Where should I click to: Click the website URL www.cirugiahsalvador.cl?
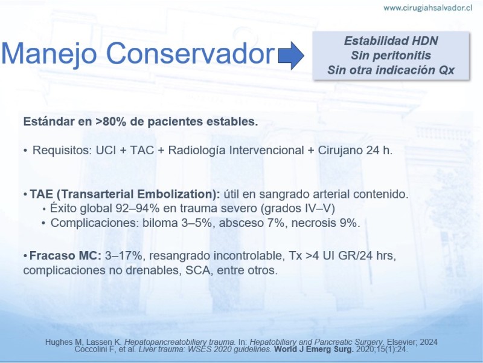(x=427, y=8)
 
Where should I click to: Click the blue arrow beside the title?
(x=291, y=56)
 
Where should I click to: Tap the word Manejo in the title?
(x=49, y=53)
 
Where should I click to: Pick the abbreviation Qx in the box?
(x=446, y=70)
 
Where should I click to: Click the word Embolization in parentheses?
(x=176, y=194)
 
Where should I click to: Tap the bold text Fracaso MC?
(x=65, y=256)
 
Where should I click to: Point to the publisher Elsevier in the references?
(x=401, y=342)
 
